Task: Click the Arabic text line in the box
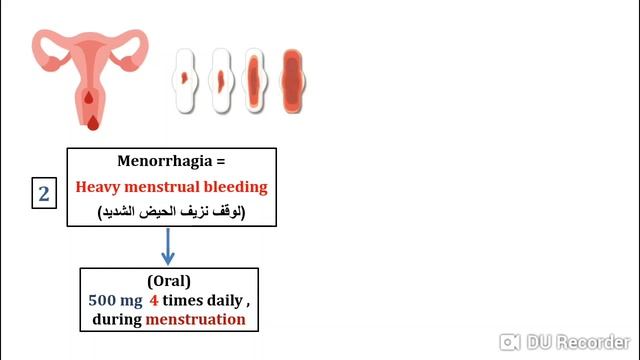(x=171, y=212)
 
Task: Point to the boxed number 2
(x=44, y=194)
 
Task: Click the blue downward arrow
(x=170, y=247)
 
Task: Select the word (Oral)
(x=170, y=281)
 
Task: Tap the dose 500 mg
(x=115, y=301)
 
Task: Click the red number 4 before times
(x=154, y=301)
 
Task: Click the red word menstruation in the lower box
(x=196, y=320)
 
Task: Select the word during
(x=117, y=320)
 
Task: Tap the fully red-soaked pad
(x=291, y=77)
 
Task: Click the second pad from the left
(x=220, y=77)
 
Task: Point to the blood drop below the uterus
(x=93, y=122)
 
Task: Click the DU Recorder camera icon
(x=511, y=341)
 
